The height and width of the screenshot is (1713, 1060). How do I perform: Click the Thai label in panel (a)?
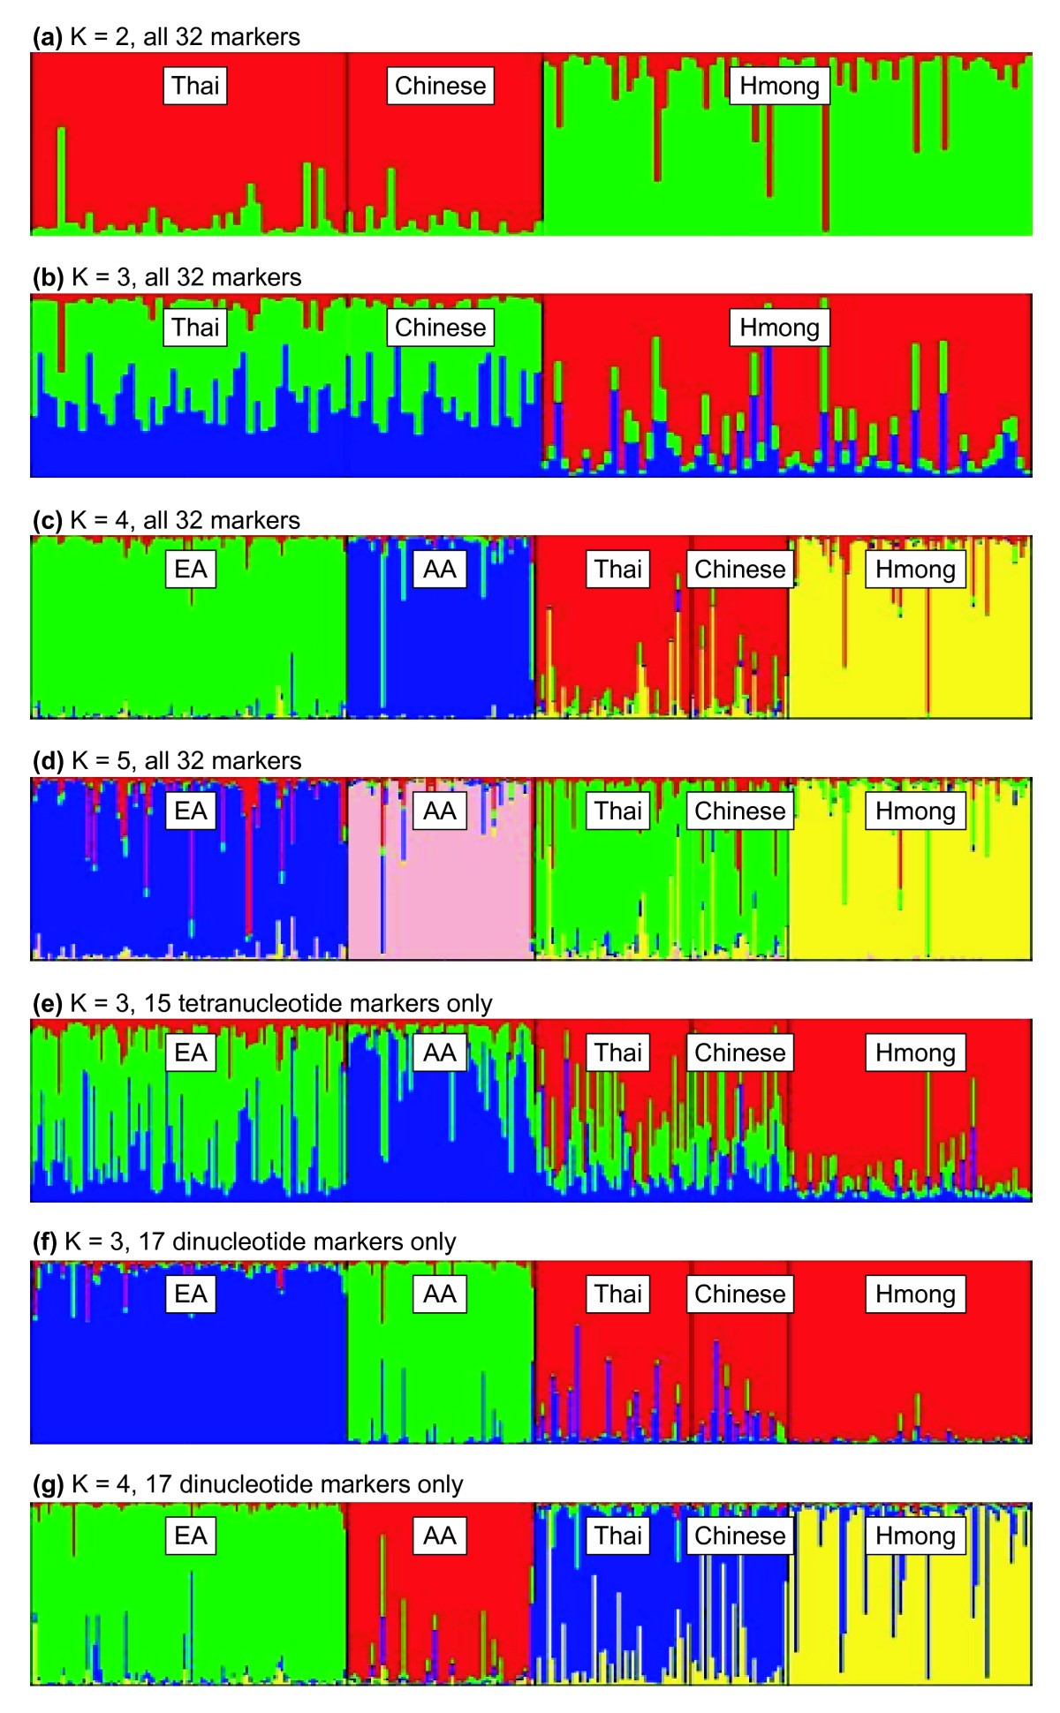click(x=195, y=86)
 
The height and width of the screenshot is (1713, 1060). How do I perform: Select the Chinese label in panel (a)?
click(x=440, y=86)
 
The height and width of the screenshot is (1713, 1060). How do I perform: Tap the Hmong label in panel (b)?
click(x=779, y=328)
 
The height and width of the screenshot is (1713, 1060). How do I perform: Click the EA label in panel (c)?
click(x=191, y=569)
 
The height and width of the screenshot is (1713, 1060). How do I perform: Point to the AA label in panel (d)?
click(x=440, y=811)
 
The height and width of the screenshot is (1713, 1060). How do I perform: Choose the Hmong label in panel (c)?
click(x=915, y=569)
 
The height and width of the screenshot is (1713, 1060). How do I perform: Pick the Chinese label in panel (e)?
click(x=739, y=1053)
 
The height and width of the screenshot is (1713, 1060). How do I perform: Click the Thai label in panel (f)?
click(x=617, y=1294)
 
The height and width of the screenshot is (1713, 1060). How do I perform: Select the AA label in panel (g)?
click(x=440, y=1536)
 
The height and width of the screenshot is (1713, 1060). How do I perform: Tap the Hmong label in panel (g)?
click(x=915, y=1536)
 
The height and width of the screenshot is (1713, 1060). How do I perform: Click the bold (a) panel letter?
click(x=47, y=37)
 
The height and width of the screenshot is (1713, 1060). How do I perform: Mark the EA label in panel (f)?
click(x=191, y=1294)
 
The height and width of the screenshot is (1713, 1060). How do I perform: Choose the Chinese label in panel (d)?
click(x=739, y=811)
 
